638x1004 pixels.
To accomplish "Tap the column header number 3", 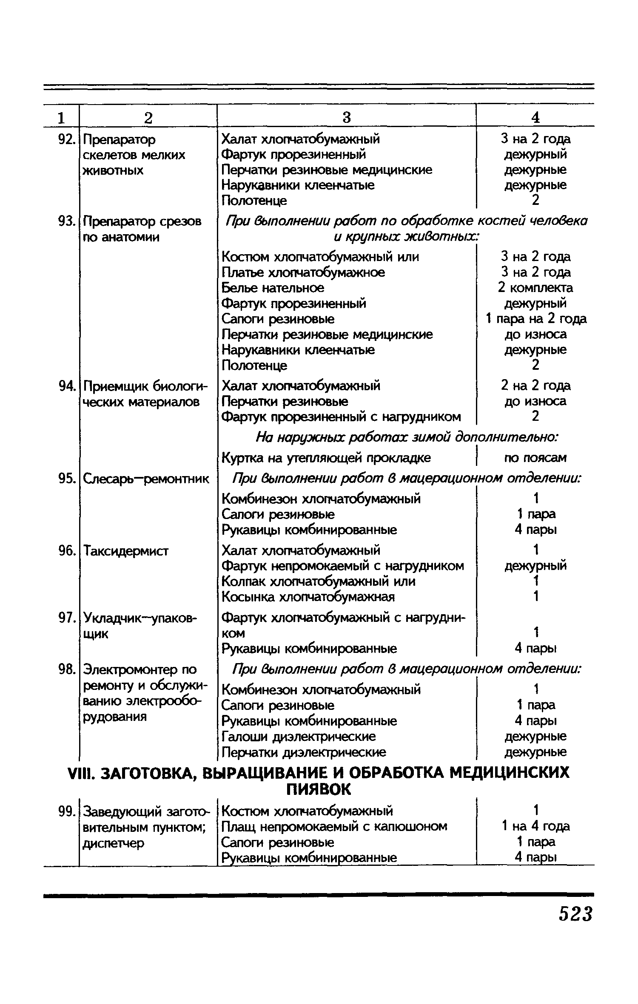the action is [347, 117].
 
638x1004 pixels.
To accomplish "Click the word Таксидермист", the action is [126, 551].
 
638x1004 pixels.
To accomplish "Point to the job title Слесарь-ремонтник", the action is [146, 479].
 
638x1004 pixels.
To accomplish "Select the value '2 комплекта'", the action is [535, 288].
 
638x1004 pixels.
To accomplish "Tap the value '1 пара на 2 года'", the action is [536, 319].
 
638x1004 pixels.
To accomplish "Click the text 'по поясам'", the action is [535, 458].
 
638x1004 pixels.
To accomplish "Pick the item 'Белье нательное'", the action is [273, 288].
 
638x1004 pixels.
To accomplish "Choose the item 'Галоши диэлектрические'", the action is [299, 736].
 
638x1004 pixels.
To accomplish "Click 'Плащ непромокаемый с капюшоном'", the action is [334, 826].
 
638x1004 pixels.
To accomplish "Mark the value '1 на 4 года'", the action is [535, 826].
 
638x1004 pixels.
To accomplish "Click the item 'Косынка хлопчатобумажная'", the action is [308, 597].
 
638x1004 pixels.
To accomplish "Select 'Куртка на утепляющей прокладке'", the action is [326, 458].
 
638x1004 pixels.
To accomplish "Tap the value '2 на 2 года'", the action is [535, 386].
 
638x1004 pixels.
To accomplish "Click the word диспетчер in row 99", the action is [114, 843].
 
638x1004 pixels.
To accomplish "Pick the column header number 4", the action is [535, 117].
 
